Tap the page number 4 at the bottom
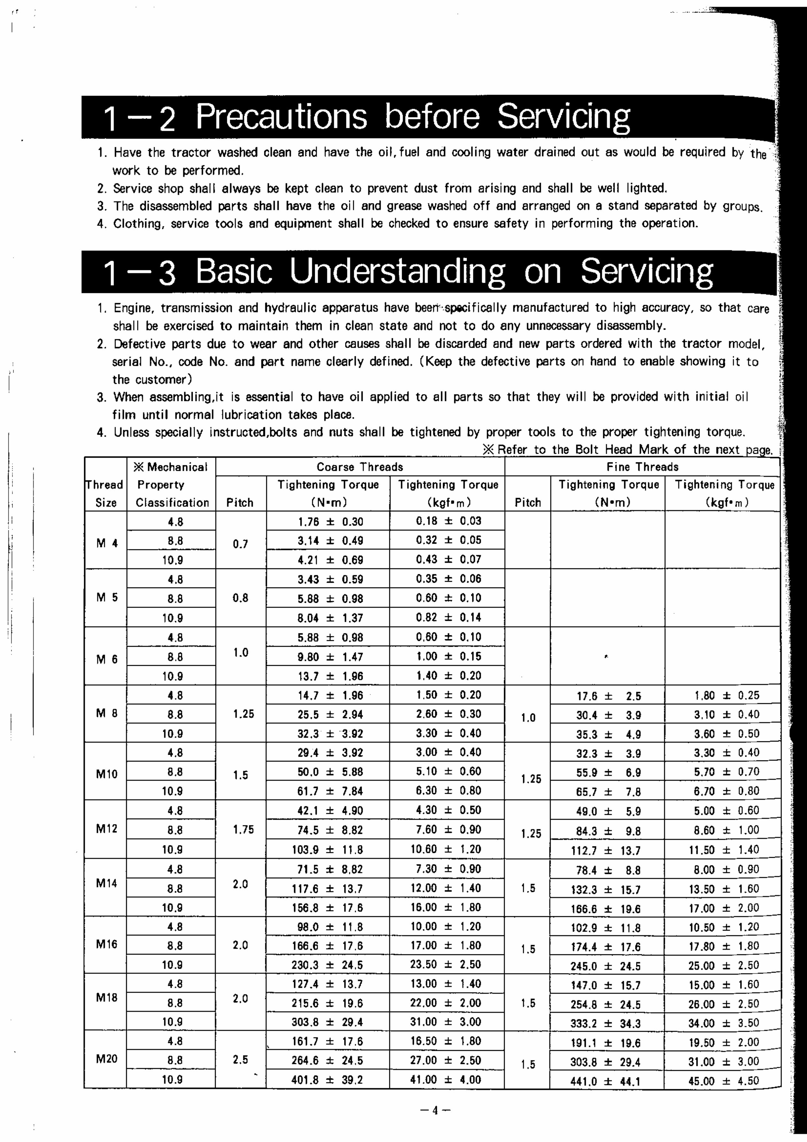pyautogui.click(x=435, y=1110)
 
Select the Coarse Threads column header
pyautogui.click(x=360, y=467)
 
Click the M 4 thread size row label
pyautogui.click(x=107, y=543)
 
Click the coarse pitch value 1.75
pyautogui.click(x=243, y=829)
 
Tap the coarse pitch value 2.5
pyautogui.click(x=240, y=1059)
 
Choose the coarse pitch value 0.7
pyautogui.click(x=240, y=544)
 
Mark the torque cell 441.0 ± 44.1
pyautogui.click(x=605, y=1081)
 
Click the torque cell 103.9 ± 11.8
pyautogui.click(x=327, y=849)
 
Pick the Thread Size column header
pyautogui.click(x=105, y=493)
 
